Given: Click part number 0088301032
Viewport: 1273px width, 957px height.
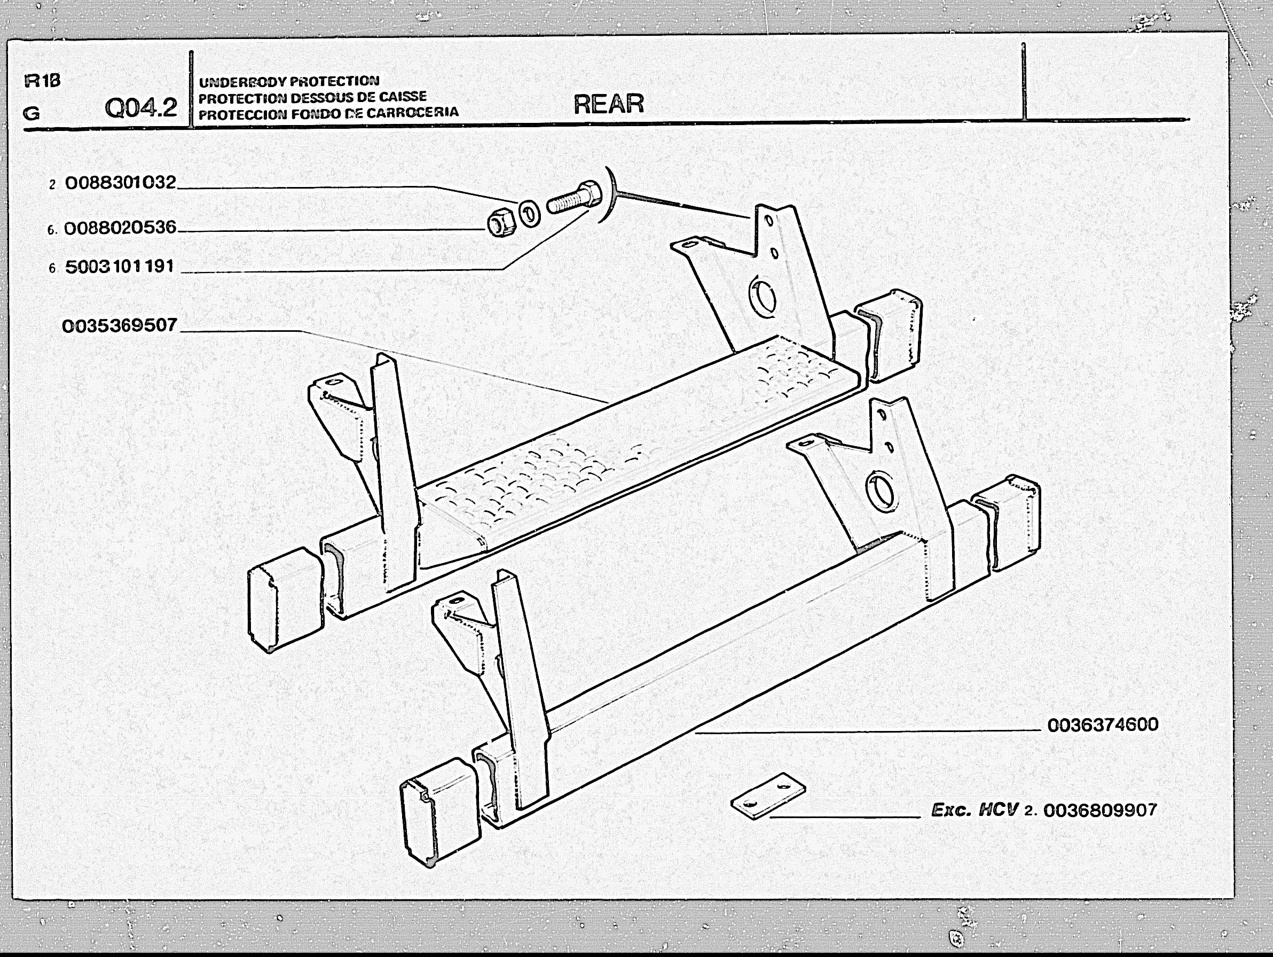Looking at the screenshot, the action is (x=120, y=183).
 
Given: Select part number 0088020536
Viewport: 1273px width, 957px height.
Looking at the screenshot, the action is (x=120, y=228).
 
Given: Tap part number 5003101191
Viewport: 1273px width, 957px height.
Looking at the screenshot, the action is (x=119, y=267).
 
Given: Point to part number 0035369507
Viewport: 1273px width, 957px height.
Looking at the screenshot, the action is (x=119, y=325).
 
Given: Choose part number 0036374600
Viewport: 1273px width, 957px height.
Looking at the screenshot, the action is (x=1103, y=725).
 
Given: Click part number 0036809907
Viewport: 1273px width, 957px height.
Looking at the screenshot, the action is (x=1100, y=810).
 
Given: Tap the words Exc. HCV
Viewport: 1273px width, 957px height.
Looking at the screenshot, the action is (x=975, y=810).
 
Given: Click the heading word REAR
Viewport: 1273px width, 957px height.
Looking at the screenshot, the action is (x=608, y=104).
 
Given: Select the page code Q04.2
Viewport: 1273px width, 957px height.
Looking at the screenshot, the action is (x=140, y=108).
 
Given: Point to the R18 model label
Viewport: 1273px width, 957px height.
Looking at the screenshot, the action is (x=42, y=81).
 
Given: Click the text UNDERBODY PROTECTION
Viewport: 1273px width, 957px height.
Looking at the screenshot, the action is (x=289, y=81).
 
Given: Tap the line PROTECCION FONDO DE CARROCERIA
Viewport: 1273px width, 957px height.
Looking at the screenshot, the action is (x=328, y=113).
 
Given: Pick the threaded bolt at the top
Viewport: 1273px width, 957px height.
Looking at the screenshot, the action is (x=575, y=197).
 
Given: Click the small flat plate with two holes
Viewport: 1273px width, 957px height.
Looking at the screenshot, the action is (x=768, y=796).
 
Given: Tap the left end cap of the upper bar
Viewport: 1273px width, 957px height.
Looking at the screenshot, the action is (x=285, y=599).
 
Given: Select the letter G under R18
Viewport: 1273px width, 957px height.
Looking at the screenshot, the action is (x=32, y=113).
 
